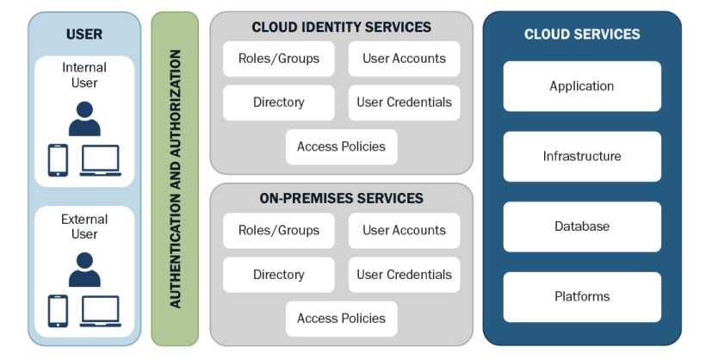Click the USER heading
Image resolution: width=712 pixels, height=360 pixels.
84,34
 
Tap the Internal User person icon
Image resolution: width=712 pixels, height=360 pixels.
84,119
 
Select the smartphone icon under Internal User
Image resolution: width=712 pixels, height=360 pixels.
58,160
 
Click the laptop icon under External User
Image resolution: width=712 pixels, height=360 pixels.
101,311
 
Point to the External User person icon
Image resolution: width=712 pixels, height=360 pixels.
84,270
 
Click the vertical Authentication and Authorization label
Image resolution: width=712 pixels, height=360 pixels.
176,178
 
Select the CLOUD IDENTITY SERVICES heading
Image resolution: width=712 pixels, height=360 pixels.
341,28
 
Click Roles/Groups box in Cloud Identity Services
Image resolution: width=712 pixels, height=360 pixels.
278,59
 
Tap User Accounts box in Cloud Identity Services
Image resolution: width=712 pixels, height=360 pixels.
404,59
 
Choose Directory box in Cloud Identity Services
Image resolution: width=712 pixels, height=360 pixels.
278,102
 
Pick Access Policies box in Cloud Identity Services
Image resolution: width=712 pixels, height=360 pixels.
341,146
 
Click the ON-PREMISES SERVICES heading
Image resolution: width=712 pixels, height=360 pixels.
341,198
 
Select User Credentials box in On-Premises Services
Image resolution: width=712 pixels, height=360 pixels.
404,275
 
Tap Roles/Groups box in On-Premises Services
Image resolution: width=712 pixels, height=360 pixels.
278,231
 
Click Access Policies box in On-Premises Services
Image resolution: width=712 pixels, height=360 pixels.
341,319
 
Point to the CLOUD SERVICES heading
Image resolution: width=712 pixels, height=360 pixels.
582,34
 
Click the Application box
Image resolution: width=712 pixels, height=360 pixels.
582,86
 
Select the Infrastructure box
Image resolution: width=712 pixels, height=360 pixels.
582,157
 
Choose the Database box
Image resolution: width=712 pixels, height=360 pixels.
582,227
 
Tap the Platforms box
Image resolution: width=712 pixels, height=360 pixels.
582,297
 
